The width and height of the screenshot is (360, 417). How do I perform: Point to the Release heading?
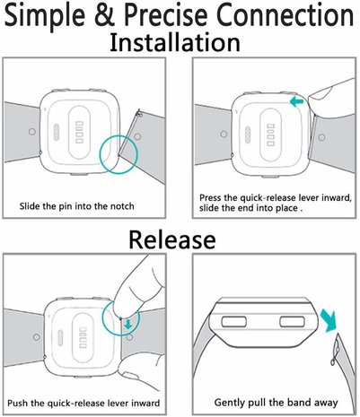[171, 239]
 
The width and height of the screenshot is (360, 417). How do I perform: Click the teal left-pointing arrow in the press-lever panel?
[295, 103]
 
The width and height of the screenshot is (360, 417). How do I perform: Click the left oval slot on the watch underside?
[231, 321]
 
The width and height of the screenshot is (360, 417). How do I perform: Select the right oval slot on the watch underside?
[296, 321]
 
